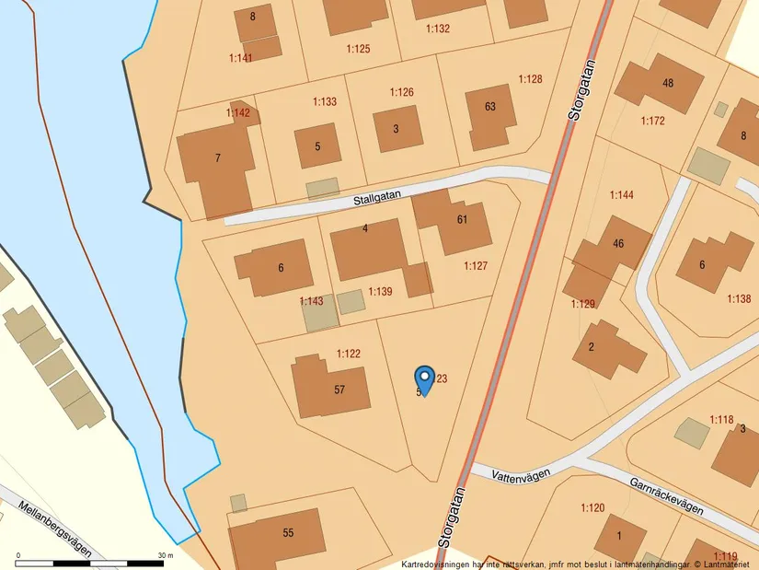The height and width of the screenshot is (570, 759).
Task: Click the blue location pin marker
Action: [x=424, y=379]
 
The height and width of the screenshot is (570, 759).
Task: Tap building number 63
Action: [x=490, y=107]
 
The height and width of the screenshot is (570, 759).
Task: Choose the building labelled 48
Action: [x=668, y=83]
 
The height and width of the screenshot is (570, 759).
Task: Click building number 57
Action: [x=339, y=390]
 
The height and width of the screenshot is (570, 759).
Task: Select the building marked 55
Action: [x=288, y=533]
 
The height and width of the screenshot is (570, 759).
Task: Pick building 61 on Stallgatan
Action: [x=462, y=219]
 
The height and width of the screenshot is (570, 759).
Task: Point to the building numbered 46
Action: [x=618, y=244]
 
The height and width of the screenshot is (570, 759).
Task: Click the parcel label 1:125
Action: [x=359, y=48]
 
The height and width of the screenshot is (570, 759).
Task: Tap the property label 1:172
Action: [x=652, y=121]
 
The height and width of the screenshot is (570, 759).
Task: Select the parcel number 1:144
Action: [x=622, y=195]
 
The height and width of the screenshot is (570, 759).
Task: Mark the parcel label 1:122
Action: [x=348, y=354]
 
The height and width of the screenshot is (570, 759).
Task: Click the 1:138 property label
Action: [x=739, y=298]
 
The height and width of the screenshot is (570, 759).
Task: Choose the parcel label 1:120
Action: [x=592, y=507]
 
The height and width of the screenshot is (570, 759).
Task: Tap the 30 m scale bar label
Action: [x=167, y=555]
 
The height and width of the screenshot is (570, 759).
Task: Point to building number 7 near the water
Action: [x=218, y=158]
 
